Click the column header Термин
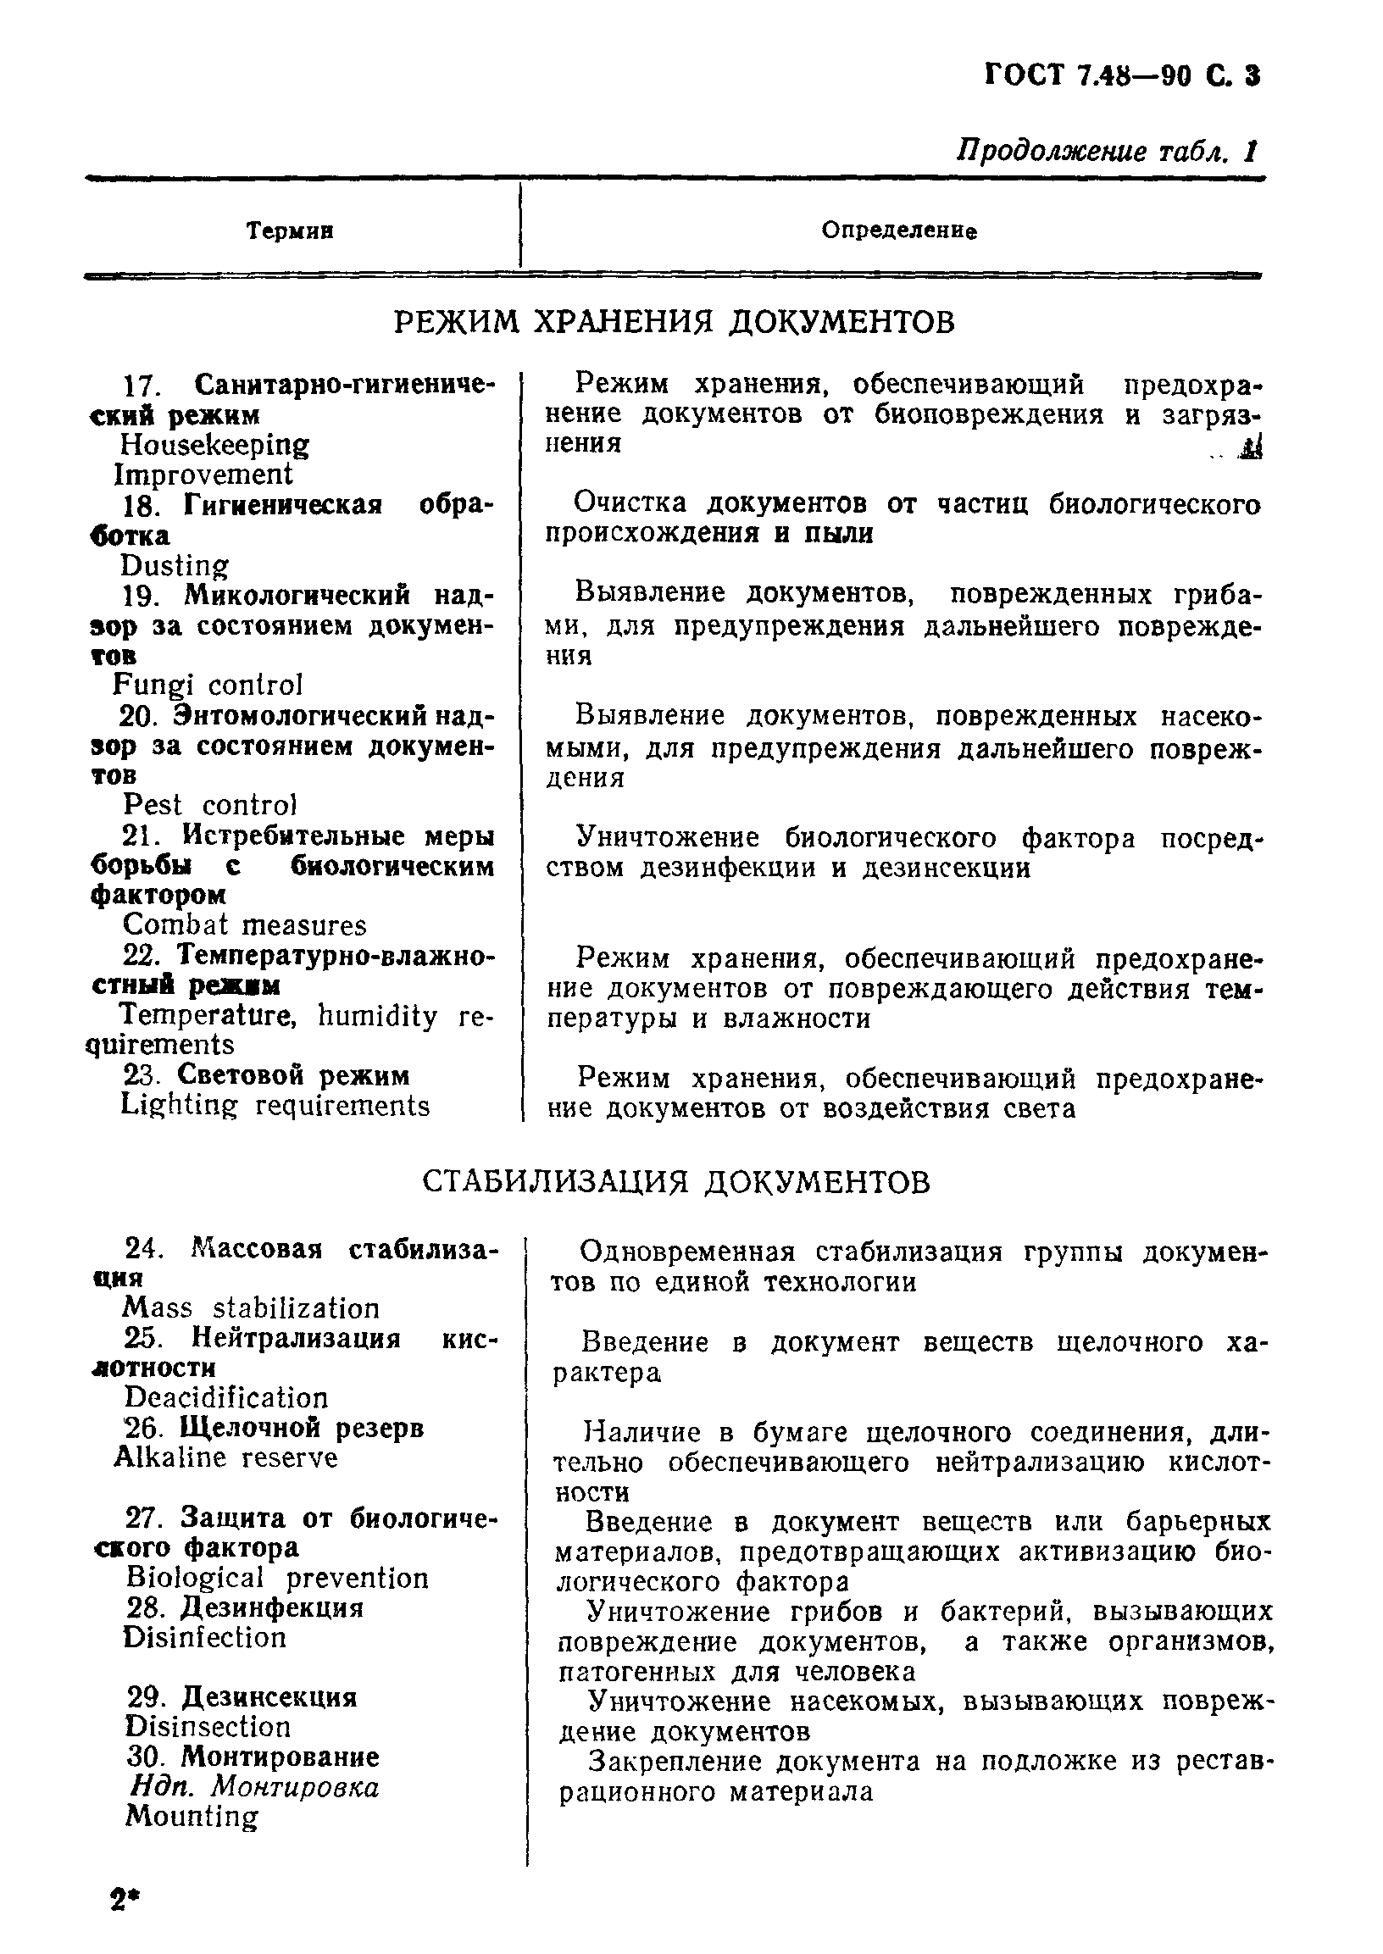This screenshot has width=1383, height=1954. (290, 230)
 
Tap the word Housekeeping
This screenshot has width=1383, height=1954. (214, 446)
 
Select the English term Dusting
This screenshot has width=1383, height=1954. (175, 566)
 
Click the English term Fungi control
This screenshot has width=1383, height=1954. (208, 686)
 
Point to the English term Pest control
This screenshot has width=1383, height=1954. (210, 806)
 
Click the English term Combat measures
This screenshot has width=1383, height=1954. (244, 925)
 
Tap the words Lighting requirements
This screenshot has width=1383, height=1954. (275, 1106)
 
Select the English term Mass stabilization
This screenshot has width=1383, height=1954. (251, 1308)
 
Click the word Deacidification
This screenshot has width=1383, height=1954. (225, 1398)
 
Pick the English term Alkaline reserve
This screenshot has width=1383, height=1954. (225, 1458)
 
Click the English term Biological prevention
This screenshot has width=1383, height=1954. (277, 1579)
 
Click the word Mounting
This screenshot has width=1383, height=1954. (191, 1816)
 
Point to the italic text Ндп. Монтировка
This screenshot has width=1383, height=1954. (254, 1787)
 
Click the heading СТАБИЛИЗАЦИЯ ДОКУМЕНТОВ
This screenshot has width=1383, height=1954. (676, 1183)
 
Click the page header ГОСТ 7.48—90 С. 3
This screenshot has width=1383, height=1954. (1121, 76)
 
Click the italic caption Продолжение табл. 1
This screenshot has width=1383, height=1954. (1106, 151)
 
